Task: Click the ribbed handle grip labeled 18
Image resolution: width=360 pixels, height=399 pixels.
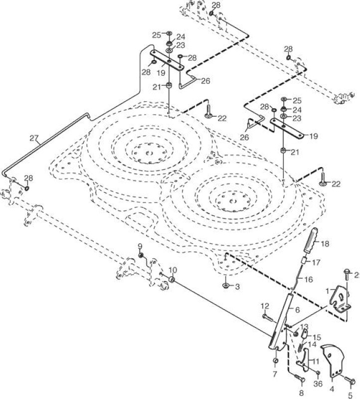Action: coord(309,240)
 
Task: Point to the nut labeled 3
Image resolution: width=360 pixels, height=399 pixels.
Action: coord(225,285)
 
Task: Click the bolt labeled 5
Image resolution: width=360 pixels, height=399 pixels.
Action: coord(351,381)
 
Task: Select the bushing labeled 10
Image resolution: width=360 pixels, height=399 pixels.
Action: coord(172,279)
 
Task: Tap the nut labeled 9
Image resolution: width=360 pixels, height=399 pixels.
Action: coord(141,255)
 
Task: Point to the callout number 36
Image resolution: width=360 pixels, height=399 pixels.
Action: coord(318,384)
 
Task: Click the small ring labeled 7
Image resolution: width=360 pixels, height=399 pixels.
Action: coord(275,361)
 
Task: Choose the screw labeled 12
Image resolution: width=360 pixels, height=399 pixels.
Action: coord(267,317)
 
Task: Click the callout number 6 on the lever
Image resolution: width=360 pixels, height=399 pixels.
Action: coord(297,310)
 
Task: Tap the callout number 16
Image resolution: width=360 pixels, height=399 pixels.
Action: coord(308,279)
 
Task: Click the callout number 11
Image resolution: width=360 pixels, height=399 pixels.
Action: coord(316,361)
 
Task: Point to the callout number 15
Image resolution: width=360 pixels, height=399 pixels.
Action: coord(317,338)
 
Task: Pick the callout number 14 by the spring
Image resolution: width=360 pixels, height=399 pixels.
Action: coord(312,345)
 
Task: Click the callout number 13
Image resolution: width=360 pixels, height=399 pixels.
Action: coord(304,327)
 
